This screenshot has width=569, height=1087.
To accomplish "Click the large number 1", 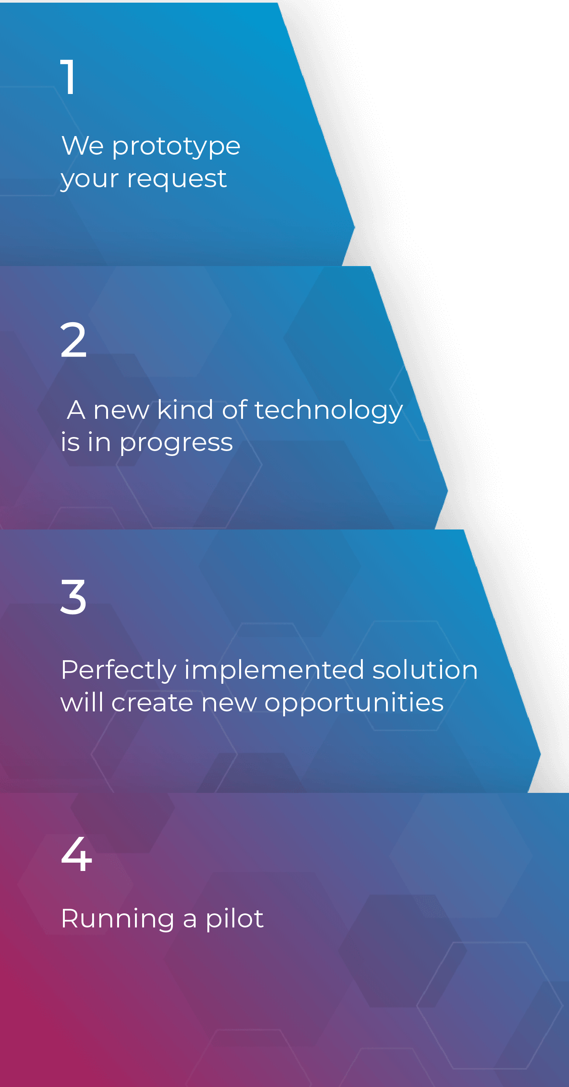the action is coord(68,77).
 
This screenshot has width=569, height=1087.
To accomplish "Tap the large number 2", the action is coord(74,339).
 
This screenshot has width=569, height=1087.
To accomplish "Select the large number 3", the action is coord(74,597).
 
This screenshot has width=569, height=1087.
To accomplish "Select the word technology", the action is coord(329,410).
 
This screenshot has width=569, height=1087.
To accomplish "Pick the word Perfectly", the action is coord(119,670).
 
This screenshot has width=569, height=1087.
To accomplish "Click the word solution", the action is coord(425,670).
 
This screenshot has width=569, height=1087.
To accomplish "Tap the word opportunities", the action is coord(354,704).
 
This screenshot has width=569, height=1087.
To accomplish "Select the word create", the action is coord(152,703).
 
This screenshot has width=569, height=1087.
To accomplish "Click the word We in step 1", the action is coord(83,146).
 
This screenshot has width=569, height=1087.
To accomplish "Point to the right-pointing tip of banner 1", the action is coord(354,227).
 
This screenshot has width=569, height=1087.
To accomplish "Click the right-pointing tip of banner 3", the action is coord(540,753).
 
